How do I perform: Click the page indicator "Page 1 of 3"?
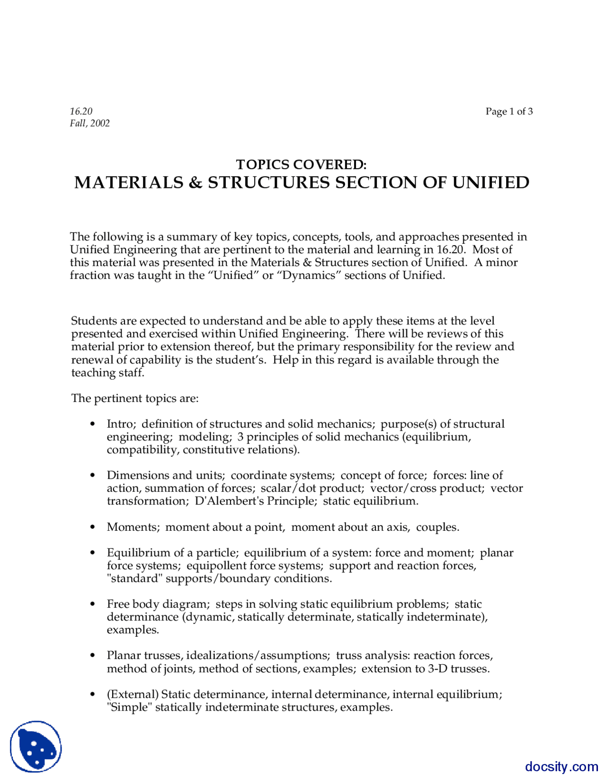pos(509,112)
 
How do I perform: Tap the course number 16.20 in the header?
pos(81,112)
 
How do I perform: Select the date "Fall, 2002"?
pos(90,124)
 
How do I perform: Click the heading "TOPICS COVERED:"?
pos(301,165)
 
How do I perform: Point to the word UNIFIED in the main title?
pos(490,183)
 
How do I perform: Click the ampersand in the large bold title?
pos(195,183)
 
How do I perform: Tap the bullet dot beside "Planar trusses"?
pos(93,656)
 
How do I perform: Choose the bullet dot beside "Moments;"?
pos(93,527)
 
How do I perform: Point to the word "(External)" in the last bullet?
pos(133,695)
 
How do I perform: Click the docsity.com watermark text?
pos(561,767)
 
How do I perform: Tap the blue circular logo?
pos(36,747)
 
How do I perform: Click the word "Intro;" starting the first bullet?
pos(121,424)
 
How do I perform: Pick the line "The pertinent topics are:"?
pos(135,399)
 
